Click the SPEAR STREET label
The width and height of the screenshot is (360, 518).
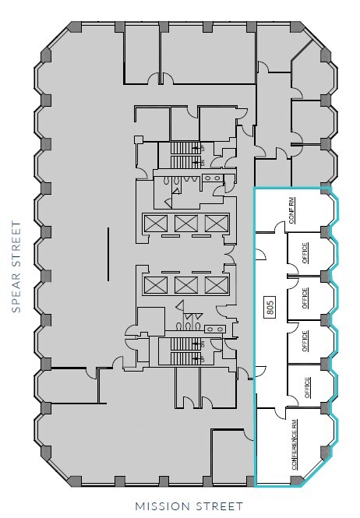[16, 266]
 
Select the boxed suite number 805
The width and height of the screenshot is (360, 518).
[270, 308]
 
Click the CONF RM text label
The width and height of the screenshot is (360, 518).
[291, 210]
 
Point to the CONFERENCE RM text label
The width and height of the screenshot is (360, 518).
[295, 445]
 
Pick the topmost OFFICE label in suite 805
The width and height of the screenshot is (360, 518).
[305, 253]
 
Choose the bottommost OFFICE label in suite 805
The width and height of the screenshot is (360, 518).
[307, 387]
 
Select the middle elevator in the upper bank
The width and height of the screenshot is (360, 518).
[185, 224]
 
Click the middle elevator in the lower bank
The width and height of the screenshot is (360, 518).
[185, 284]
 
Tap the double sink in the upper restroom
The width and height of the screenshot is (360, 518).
[213, 178]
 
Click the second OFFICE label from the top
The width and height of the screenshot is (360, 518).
[305, 298]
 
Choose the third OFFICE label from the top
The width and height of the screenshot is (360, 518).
[305, 342]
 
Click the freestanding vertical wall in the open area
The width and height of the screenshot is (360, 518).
[108, 255]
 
